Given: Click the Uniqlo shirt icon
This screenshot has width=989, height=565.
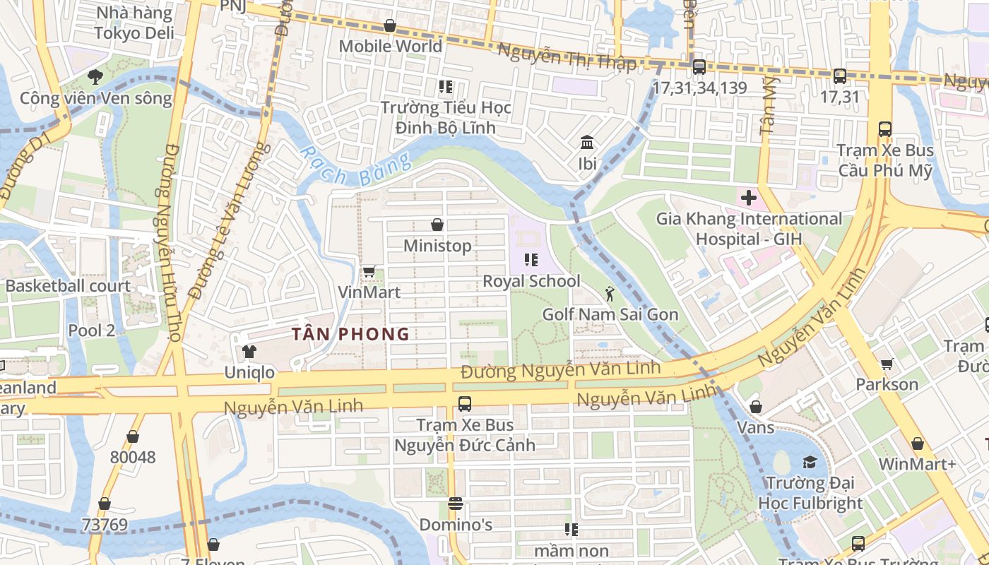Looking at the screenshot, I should coord(249,351).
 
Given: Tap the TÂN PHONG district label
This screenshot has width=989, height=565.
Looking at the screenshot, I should coord(351,334).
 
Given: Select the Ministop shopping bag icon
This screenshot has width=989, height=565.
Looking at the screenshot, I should coord(437,225).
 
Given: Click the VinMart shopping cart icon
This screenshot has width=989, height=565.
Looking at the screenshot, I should coord(369,271).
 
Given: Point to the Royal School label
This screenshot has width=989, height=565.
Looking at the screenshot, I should coord(531,281).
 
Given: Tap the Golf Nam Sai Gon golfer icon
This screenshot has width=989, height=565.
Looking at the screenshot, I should coord(610,294).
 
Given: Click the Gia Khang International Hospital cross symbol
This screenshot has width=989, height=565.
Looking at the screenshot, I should coord(748,198).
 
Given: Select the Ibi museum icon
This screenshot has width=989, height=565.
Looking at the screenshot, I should coord(587,143).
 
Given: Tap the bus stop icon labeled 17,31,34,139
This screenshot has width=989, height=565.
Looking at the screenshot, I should coord(699,67).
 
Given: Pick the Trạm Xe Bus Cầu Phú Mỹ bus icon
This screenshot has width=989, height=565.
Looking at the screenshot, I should coord(884,129).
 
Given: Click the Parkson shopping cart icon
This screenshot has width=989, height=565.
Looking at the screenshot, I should coord(887,364).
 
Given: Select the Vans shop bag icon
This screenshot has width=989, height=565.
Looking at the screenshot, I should coord(755,407).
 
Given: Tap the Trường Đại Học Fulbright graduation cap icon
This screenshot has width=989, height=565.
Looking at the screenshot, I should coord(810,462).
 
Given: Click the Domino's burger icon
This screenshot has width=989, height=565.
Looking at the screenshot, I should coord(456,504).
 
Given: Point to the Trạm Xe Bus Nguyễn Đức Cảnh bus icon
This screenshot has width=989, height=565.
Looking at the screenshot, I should coord(464,404).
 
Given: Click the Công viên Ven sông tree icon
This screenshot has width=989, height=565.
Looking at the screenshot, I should coord(95,77).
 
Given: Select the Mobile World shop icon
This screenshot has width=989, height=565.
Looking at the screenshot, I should coord(389,26).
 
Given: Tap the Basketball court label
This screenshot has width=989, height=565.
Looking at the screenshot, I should coord(68,286).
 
